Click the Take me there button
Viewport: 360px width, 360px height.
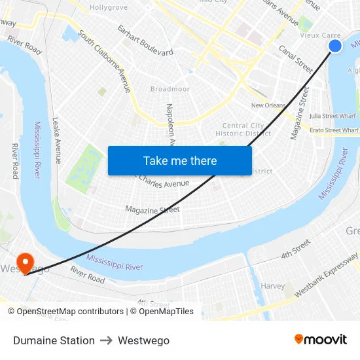[x=180, y=160]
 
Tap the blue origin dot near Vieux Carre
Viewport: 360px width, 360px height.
[x=335, y=46]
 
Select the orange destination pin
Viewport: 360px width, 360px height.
[x=26, y=263]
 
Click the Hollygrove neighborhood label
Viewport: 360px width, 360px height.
[x=109, y=7]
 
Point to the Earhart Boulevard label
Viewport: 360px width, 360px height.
[x=145, y=40]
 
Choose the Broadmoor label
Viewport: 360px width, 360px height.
[x=170, y=89]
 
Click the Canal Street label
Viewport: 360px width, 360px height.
[x=296, y=58]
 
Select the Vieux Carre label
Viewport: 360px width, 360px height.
[x=320, y=35]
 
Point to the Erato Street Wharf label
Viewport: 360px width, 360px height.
[x=334, y=130]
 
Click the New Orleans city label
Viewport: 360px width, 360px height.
[x=268, y=105]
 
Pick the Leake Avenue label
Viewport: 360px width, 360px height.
[x=57, y=140]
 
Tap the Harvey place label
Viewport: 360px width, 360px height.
[x=273, y=286]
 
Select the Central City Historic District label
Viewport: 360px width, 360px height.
[x=243, y=130]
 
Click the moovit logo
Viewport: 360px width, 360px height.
[x=320, y=340]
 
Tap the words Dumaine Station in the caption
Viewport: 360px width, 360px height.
[x=54, y=340]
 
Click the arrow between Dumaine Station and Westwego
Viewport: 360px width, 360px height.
[x=106, y=340]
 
